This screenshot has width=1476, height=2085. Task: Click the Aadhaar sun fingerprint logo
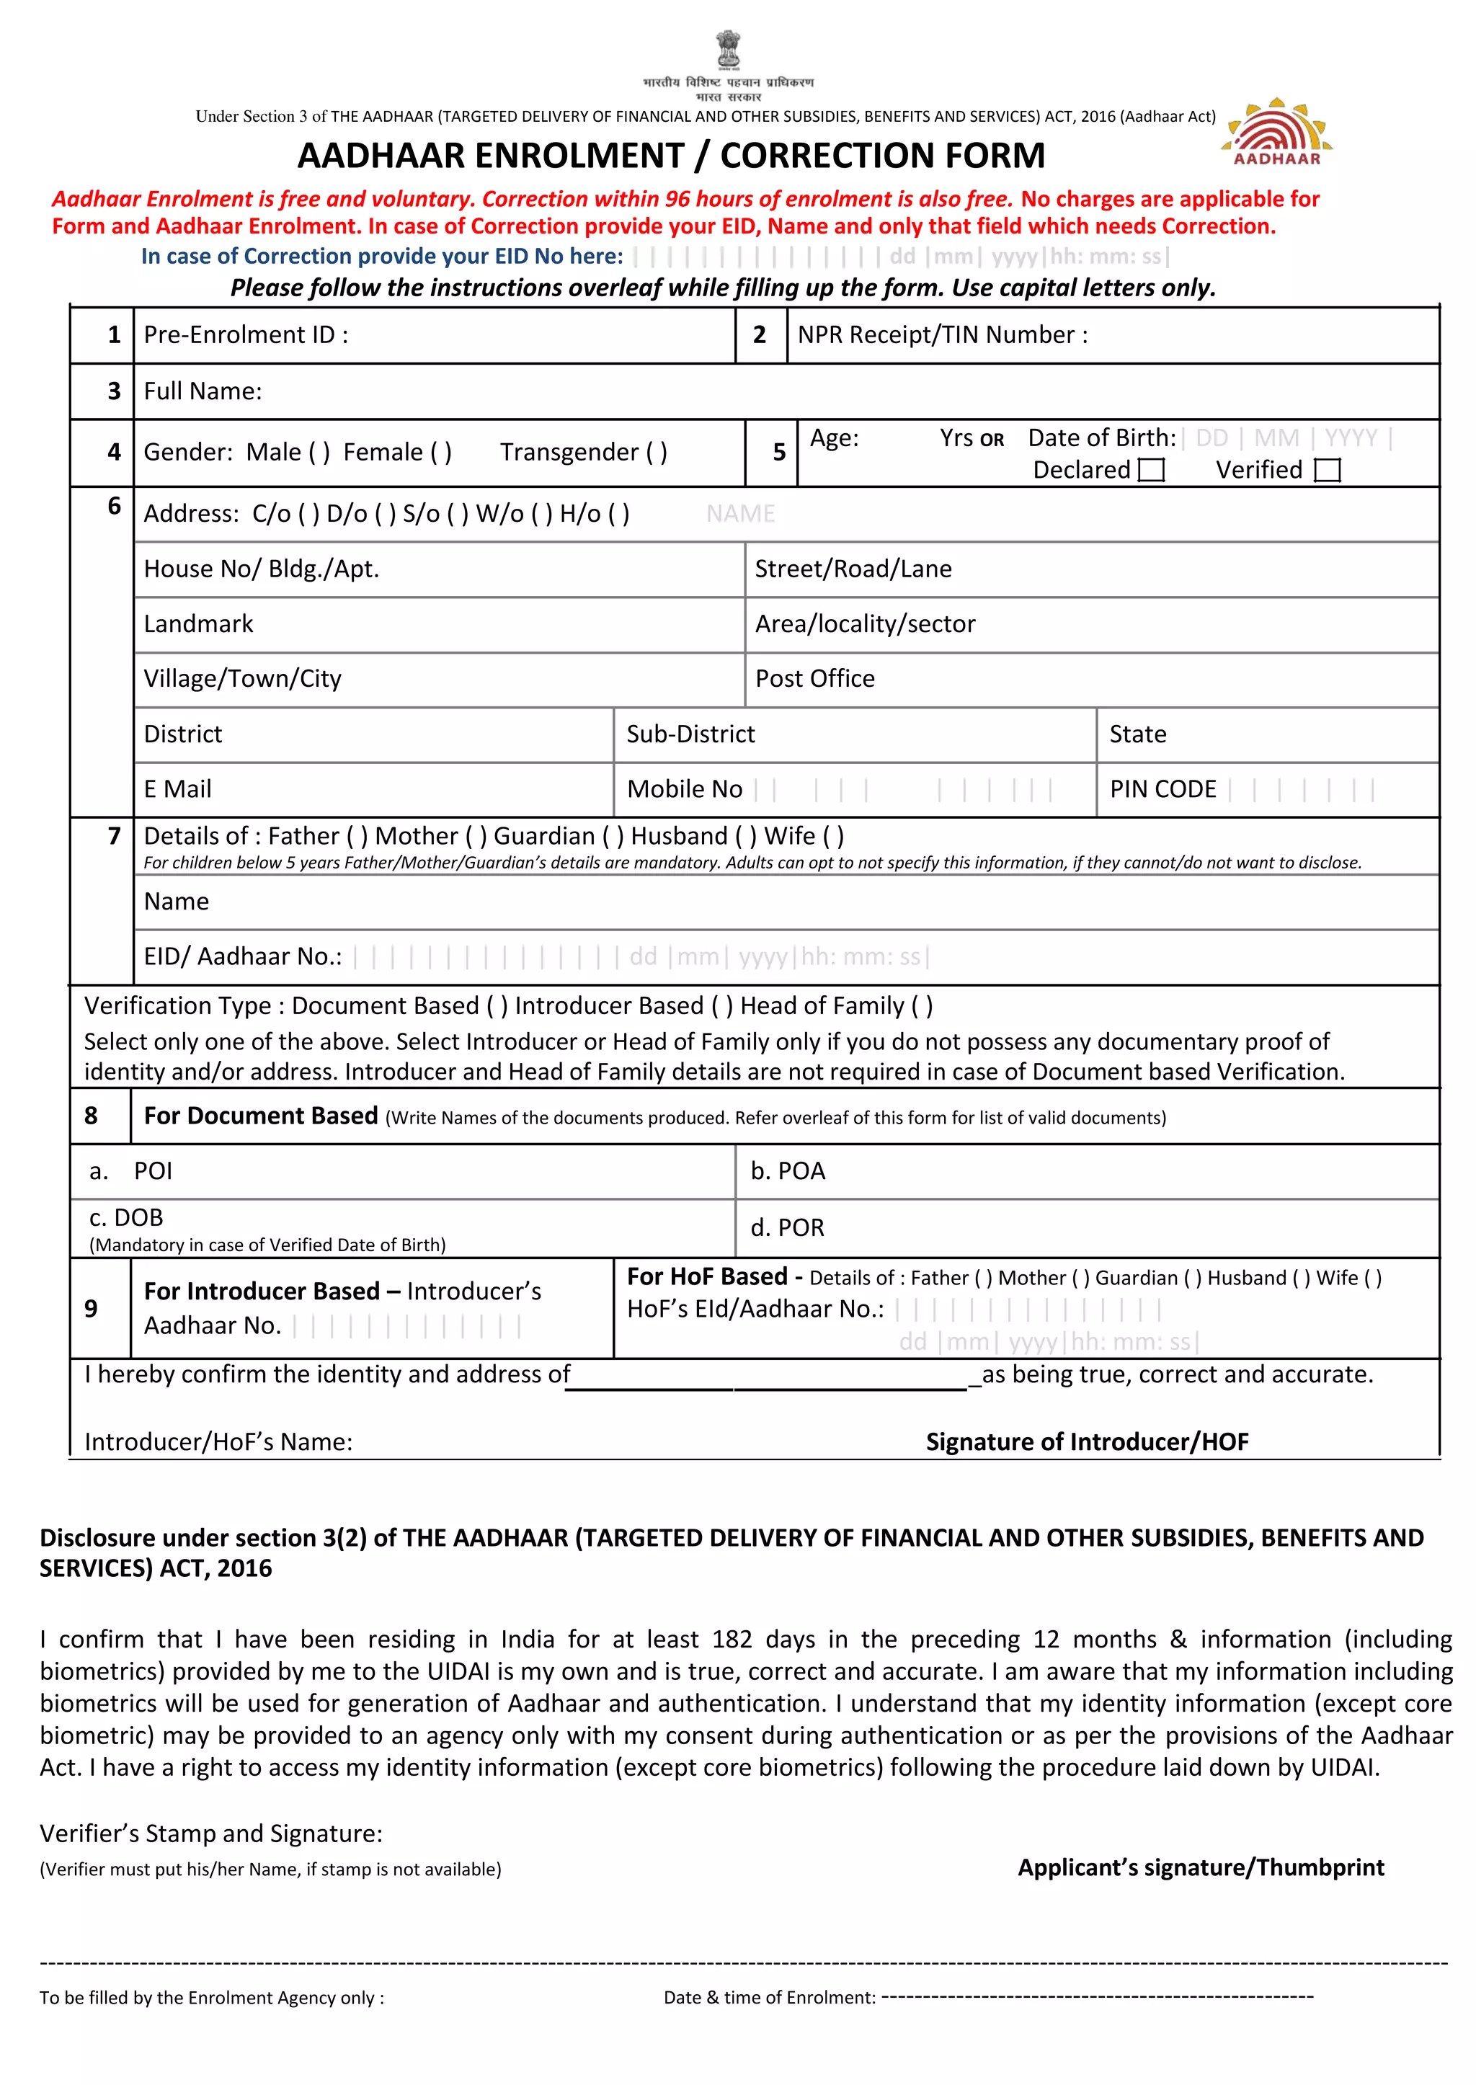tap(1276, 132)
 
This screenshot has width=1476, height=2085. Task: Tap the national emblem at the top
tap(728, 50)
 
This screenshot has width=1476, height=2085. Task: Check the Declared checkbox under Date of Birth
tap(1151, 470)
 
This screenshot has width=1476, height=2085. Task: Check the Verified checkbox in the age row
tap(1327, 470)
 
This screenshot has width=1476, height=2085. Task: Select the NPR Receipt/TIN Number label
tap(941, 335)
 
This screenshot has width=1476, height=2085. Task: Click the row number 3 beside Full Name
tap(114, 392)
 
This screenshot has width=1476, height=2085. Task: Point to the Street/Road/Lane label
tap(853, 569)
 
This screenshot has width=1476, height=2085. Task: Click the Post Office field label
tap(814, 679)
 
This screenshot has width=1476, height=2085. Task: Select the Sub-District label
tap(690, 734)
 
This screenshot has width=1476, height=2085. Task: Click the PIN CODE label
tap(1162, 789)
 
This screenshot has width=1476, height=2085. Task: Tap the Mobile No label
tap(685, 789)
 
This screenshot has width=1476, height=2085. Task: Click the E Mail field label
tap(177, 789)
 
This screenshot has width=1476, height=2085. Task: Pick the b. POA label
tap(787, 1170)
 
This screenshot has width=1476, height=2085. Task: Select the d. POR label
tap(787, 1228)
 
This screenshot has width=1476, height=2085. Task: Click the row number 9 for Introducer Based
tap(91, 1309)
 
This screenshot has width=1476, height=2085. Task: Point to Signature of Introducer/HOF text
tap(1087, 1441)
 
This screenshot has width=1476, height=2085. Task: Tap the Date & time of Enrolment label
tap(769, 1997)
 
